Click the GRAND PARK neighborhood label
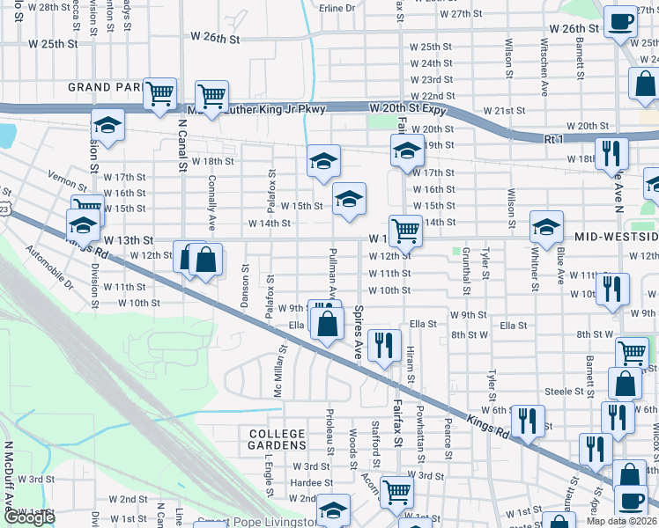point(103,88)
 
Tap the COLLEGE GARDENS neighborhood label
point(277,440)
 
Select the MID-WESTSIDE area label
point(616,238)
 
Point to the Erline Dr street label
point(337,8)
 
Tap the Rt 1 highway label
point(553,139)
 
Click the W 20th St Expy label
point(407,109)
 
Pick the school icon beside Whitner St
point(546,227)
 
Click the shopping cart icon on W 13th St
point(405,231)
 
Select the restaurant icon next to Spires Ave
point(382,345)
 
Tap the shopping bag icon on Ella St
point(327,322)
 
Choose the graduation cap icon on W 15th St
point(349,198)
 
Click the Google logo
point(28,517)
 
